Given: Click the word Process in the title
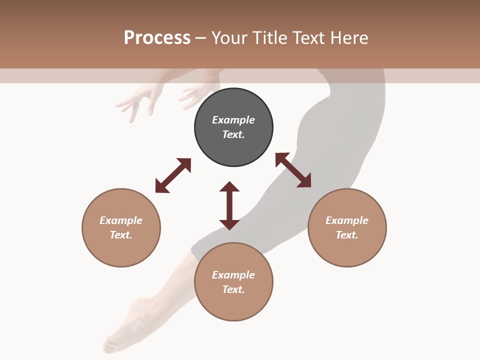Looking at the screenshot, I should click(157, 38).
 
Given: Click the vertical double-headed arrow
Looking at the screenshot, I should click(229, 206).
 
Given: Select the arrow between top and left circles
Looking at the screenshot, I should click(173, 175).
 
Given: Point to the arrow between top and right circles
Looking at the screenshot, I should click(293, 170).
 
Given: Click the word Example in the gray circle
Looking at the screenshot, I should click(233, 120).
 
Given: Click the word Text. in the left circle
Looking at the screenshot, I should click(121, 235).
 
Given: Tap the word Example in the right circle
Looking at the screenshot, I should click(347, 220).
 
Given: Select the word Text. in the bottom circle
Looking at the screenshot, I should click(233, 289).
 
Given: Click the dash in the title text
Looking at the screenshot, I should click(200, 38).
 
